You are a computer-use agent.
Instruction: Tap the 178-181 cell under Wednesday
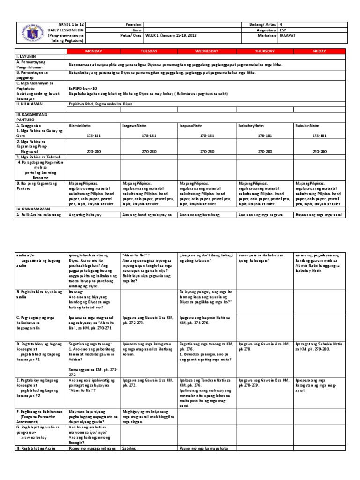[207, 135]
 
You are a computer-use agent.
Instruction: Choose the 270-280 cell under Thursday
[265, 152]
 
